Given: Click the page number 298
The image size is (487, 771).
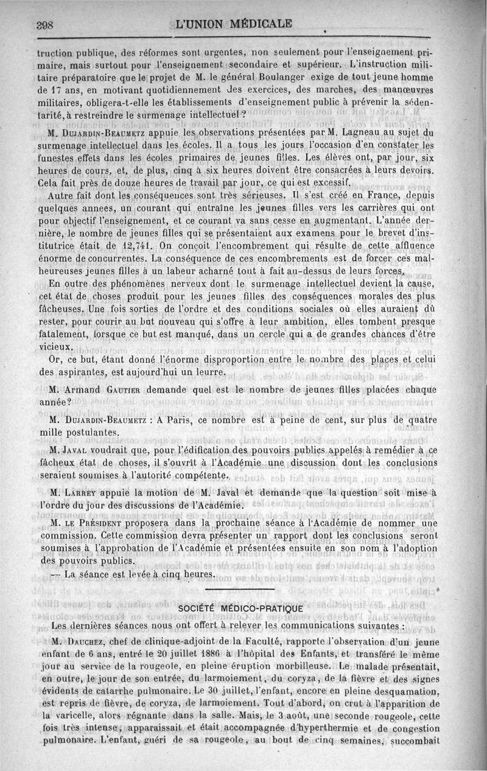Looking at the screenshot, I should pyautogui.click(x=46, y=26).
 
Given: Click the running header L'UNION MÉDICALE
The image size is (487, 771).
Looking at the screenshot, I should pyautogui.click(x=233, y=25).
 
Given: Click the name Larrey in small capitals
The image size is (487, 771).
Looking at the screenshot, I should pyautogui.click(x=82, y=492).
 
